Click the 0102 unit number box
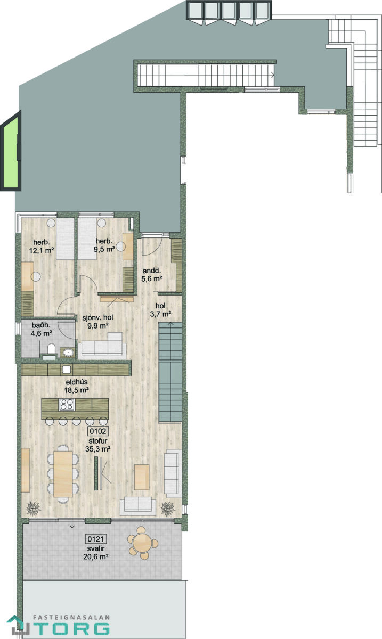(98, 431)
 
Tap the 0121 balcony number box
(96, 539)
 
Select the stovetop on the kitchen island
(67, 404)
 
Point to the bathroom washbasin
(69, 353)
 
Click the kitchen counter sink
(67, 369)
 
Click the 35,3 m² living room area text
(98, 449)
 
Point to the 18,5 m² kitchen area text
(76, 390)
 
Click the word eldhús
(77, 382)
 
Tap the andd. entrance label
(152, 271)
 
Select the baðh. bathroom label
(41, 325)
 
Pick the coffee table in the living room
(142, 477)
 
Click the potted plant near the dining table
(34, 509)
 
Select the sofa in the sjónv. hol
(102, 346)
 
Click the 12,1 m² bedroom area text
(42, 250)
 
